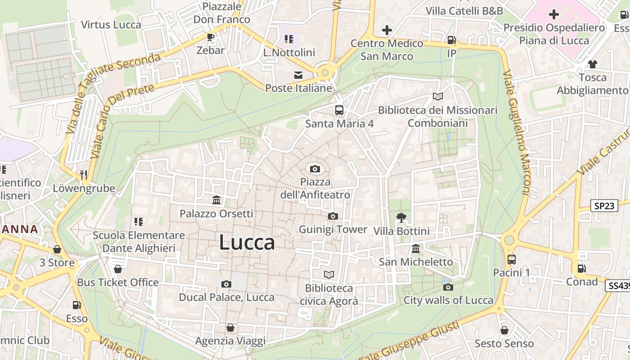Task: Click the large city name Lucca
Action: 247,243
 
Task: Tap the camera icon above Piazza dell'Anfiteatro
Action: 315,169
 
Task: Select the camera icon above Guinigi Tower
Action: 333,216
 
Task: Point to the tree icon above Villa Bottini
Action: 401,218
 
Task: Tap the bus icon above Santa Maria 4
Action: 339,110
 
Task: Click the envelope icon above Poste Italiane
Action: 298,75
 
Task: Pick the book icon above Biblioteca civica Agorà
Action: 329,274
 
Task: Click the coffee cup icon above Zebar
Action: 211,37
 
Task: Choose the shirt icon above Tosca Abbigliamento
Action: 593,64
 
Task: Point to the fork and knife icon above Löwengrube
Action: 84,175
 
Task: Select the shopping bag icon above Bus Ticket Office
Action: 118,269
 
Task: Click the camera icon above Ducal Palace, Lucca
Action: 226,284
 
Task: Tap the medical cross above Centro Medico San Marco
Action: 387,30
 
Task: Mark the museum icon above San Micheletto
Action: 416,248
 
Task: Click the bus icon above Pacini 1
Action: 512,259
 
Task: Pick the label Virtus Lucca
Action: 111,25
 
